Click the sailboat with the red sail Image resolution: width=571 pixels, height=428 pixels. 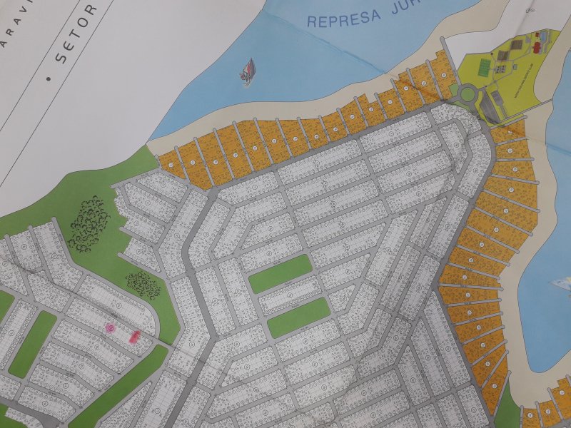pos(247,71)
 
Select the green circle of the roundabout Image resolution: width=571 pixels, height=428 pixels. pos(468,93)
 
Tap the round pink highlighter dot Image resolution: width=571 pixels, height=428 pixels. pos(110,327)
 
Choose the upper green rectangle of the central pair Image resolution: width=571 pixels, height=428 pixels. pos(281,273)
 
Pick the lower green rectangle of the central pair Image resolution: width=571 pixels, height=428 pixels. pos(299,317)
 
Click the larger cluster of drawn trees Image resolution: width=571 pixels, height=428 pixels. pos(89,223)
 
